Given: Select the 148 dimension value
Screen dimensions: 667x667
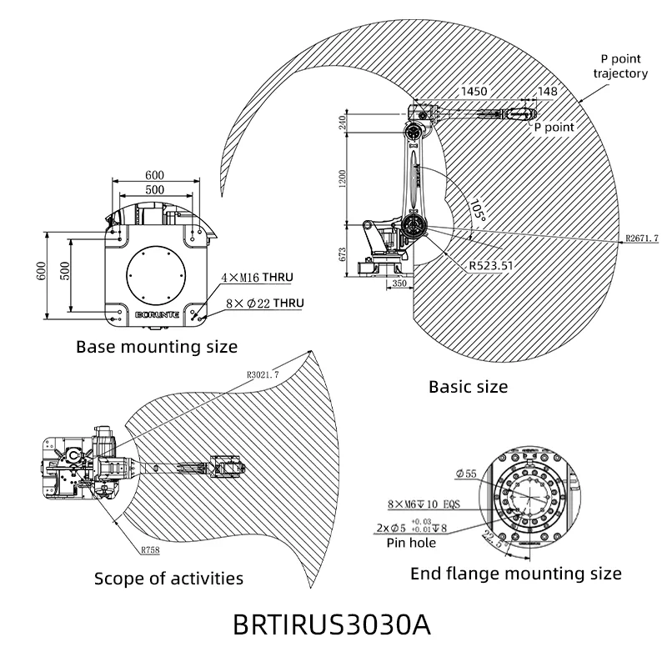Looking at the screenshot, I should click(548, 91).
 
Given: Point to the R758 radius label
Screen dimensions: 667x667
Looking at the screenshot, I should click(150, 550).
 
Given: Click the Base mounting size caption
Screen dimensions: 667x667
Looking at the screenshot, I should click(157, 346).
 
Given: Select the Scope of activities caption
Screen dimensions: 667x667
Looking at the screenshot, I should click(168, 578).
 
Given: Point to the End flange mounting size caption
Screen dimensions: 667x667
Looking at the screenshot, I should click(516, 574).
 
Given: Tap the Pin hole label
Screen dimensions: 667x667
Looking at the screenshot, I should click(410, 543).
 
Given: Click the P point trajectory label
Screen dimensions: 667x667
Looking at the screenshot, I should click(620, 66).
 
